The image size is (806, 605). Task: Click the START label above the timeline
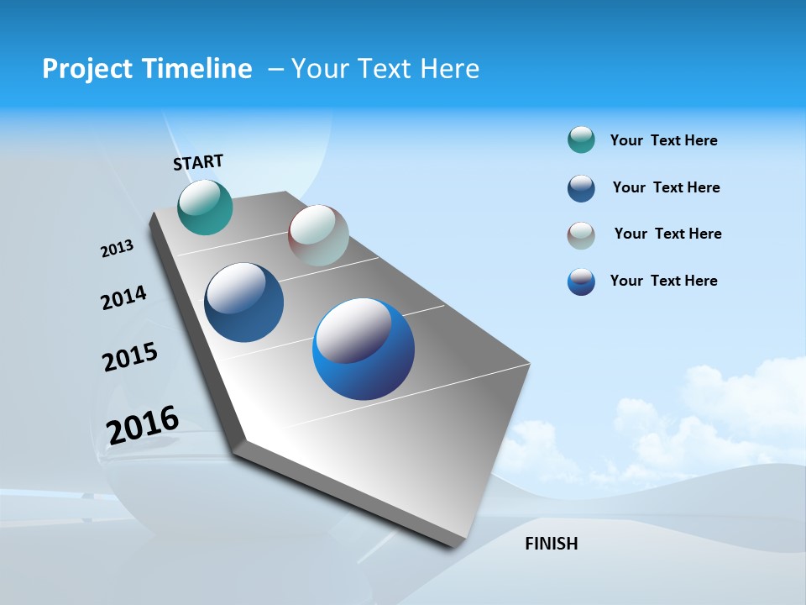198,162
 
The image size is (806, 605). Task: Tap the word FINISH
551,544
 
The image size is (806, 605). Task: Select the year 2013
117,249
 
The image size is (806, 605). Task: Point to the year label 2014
123,297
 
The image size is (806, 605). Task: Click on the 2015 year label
130,357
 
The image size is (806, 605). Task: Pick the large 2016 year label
143,424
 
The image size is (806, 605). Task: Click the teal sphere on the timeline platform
205,208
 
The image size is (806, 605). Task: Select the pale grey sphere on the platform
318,235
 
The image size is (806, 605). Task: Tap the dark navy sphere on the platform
244,302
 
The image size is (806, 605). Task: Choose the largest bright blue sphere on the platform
364,349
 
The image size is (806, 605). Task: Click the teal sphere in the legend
581,140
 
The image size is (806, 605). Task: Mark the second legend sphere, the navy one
581,188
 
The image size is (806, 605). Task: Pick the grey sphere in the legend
581,235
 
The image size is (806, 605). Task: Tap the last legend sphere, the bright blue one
581,281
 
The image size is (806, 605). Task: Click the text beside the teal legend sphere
663,141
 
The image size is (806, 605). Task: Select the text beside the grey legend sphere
667,234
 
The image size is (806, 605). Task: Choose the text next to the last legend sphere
663,281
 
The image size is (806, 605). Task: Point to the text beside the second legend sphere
666,187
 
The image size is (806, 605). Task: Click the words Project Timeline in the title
147,69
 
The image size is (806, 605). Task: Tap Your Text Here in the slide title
385,69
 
